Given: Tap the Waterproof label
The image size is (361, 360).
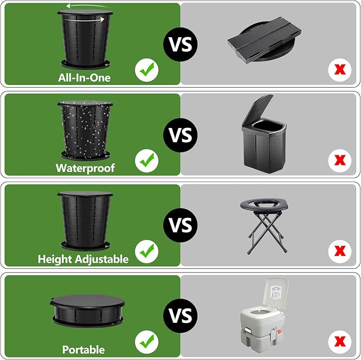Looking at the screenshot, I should (85, 168).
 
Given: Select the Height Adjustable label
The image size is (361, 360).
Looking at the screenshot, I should (83, 259).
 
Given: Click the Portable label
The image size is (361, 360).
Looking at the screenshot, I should (83, 349).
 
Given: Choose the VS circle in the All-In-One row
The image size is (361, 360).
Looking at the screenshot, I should (180, 44).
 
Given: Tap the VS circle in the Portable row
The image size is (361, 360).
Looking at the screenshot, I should (180, 315).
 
